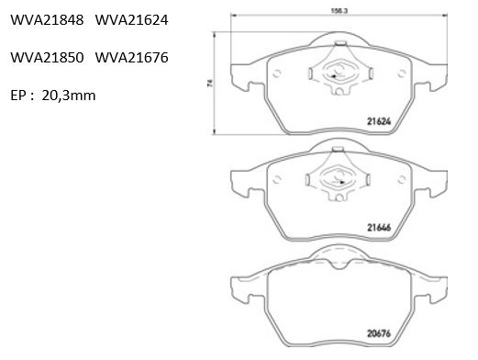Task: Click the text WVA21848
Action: coord(47,20)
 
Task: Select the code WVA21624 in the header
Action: coord(132,20)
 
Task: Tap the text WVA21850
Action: coord(47,58)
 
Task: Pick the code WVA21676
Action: coord(132,58)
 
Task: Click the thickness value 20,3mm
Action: coord(69,96)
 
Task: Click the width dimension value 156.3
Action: coord(339,10)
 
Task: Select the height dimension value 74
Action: coord(210,83)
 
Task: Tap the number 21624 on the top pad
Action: coord(379,121)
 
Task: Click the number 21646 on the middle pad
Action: coord(379,228)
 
